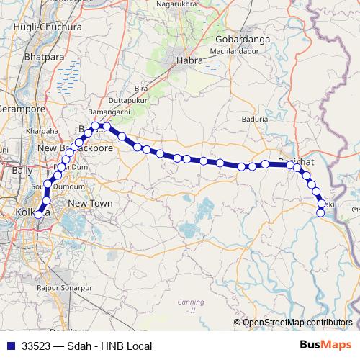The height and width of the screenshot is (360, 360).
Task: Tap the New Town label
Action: (90, 204)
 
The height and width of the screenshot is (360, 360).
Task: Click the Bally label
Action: (21, 171)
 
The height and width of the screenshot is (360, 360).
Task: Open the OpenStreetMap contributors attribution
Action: (297, 323)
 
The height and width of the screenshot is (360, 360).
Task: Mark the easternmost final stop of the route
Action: (320, 212)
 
